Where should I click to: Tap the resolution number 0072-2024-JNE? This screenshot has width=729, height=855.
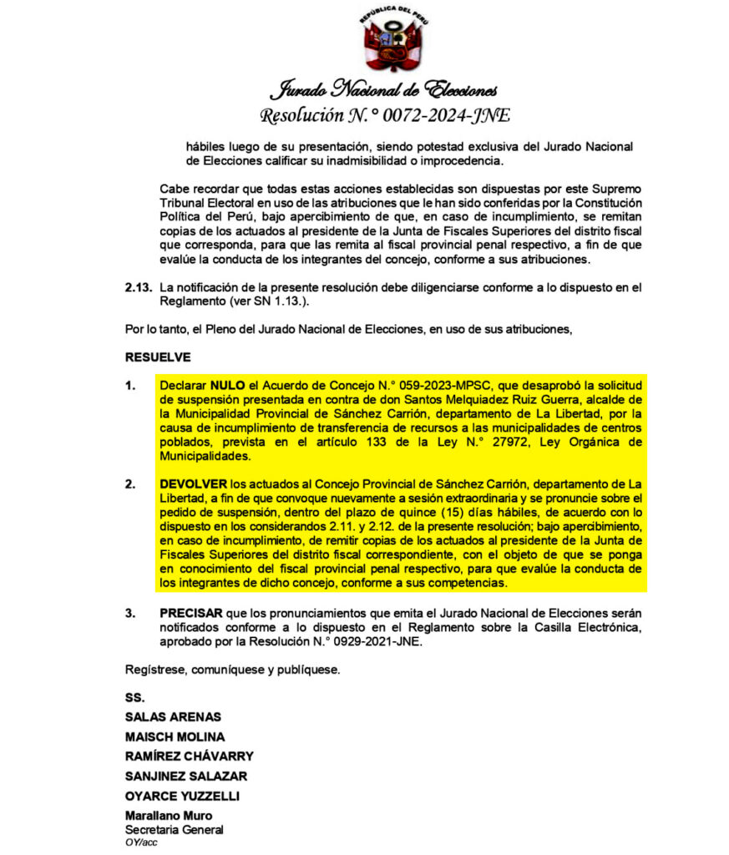(x=443, y=115)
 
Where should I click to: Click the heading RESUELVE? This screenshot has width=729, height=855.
(x=158, y=357)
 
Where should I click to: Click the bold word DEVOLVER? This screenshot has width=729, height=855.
(x=194, y=483)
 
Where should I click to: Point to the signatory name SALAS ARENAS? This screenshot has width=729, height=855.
(x=173, y=716)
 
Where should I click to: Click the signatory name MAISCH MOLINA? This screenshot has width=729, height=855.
(x=175, y=736)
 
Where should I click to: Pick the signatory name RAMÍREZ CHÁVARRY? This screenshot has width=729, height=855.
(x=189, y=756)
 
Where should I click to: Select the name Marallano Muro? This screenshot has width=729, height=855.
(x=168, y=816)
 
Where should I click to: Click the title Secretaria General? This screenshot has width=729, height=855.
(x=174, y=830)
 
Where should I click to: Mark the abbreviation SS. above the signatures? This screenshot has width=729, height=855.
(x=134, y=696)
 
